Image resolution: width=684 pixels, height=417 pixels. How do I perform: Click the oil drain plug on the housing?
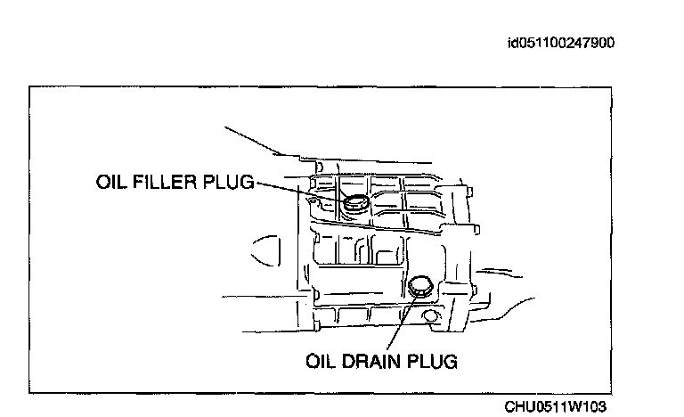pos(420,287)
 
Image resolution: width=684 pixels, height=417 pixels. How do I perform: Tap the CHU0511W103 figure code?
pos(556,406)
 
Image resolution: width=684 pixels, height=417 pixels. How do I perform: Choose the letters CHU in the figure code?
pos(518,406)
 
